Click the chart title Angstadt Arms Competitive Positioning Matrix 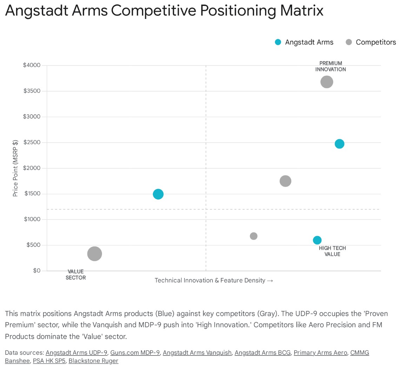tap(164, 11)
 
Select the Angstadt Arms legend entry tap(304, 42)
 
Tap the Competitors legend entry tap(371, 42)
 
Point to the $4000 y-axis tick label tap(32, 66)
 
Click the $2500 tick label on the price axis tap(32, 143)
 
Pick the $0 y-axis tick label tap(36, 271)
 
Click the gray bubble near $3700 tap(326, 82)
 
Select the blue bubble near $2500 tap(339, 144)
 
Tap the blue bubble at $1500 tap(158, 194)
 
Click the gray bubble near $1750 tap(285, 181)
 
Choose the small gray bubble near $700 tap(253, 236)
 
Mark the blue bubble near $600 tap(317, 240)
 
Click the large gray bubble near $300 tap(94, 254)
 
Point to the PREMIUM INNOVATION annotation tap(330, 66)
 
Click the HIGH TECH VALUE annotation tap(332, 251)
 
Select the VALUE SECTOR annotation tap(75, 274)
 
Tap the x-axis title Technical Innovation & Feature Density tap(214, 280)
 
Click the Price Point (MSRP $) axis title tap(15, 168)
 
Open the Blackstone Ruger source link tap(93, 361)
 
